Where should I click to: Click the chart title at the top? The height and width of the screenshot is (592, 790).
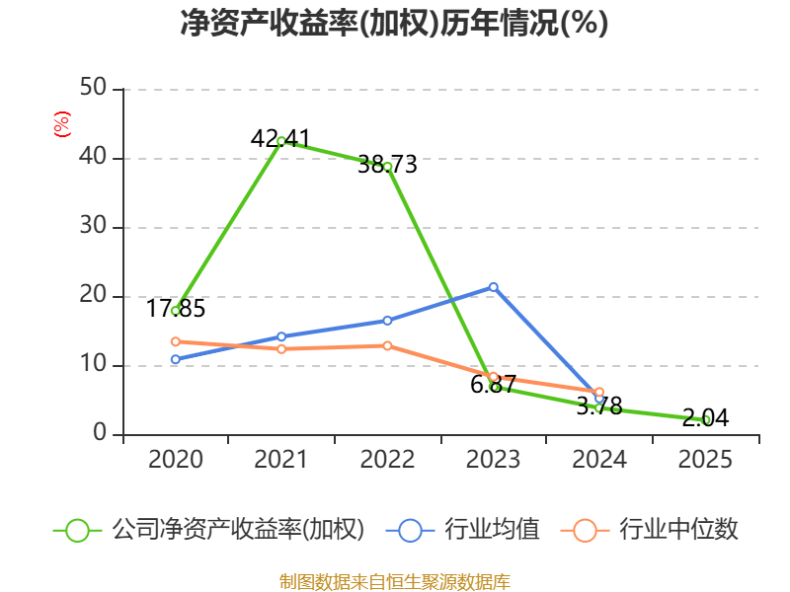click(x=394, y=23)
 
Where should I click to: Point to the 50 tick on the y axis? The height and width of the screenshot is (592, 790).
click(x=93, y=88)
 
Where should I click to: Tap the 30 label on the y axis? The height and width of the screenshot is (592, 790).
click(x=93, y=226)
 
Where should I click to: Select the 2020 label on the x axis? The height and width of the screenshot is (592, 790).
click(x=176, y=459)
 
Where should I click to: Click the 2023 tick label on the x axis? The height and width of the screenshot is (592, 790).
click(x=493, y=459)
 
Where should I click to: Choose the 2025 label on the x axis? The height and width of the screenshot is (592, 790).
click(x=705, y=459)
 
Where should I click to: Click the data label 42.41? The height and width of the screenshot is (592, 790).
click(x=280, y=138)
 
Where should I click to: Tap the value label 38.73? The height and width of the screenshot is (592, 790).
click(x=387, y=164)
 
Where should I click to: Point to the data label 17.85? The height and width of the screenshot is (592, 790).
click(x=176, y=308)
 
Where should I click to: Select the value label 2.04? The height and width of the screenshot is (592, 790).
click(x=705, y=417)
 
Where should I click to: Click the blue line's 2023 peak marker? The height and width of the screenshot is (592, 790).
click(x=493, y=287)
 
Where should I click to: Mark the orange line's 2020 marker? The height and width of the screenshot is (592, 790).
click(x=176, y=341)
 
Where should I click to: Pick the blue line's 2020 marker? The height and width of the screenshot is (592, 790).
click(x=176, y=359)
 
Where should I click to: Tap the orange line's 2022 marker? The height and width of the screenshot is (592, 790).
click(x=387, y=346)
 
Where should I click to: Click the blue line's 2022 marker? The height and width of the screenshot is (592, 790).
click(x=387, y=321)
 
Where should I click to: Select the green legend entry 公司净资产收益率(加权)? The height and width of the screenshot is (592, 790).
click(x=209, y=530)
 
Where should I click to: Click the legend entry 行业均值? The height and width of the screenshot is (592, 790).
click(x=462, y=530)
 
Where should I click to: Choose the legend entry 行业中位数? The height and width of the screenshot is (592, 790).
click(x=650, y=530)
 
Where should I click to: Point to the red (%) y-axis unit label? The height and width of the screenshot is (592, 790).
click(x=62, y=124)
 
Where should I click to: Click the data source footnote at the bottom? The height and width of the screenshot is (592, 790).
click(x=395, y=582)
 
